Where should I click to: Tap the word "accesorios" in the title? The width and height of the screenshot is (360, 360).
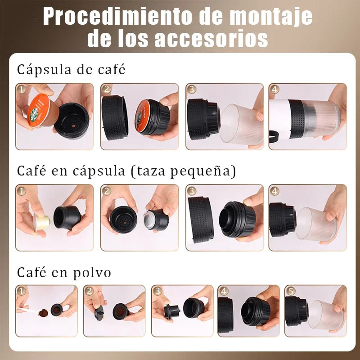(211, 39)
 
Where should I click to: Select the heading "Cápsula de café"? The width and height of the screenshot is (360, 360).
(71, 70)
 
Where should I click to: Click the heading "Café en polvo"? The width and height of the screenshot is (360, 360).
(64, 272)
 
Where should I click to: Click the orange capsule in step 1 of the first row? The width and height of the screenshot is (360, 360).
(38, 108)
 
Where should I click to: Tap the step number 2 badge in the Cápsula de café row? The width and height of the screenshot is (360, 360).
(106, 89)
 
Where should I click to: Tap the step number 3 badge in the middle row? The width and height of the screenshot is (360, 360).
(192, 190)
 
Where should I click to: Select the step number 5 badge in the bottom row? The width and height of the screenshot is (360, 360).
(290, 291)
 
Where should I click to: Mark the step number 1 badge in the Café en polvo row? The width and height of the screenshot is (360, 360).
(21, 291)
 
